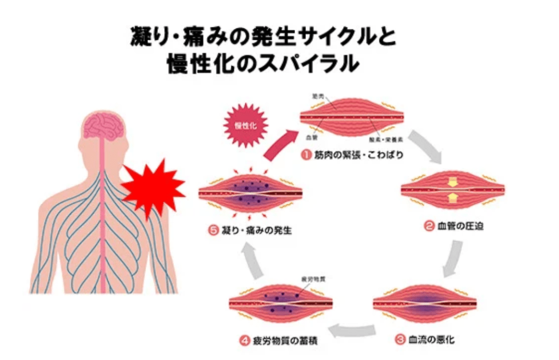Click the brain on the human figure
pos(104,124)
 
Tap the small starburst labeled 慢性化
pos(245,125)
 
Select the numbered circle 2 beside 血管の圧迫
pos(429,225)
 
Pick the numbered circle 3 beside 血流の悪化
pos(400,339)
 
